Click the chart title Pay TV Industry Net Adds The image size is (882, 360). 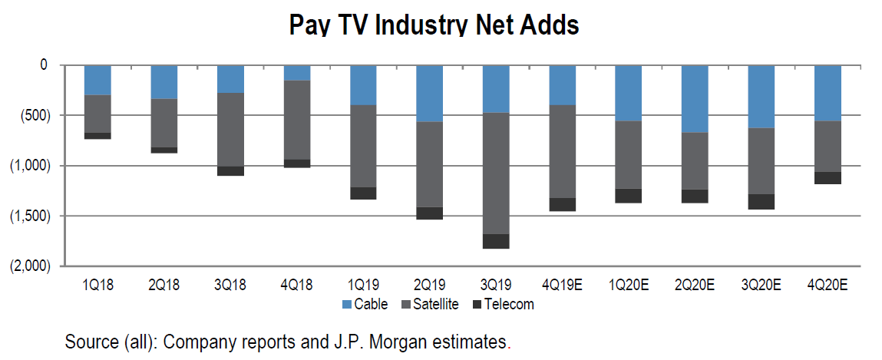pos(434,25)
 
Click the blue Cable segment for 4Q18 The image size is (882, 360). pos(296,73)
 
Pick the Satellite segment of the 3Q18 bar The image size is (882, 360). pos(230,130)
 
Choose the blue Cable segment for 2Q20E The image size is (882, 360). pos(695,99)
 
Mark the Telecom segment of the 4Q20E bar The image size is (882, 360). pos(827,178)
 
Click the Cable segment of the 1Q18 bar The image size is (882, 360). pos(97,80)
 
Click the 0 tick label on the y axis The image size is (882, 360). pos(44,66)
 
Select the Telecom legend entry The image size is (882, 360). pos(506,305)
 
